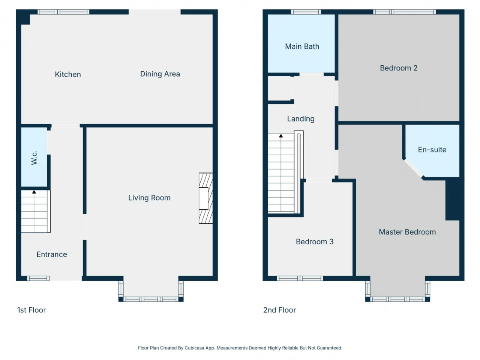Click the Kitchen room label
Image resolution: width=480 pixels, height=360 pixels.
click(68, 74)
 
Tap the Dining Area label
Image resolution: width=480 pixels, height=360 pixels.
click(160, 74)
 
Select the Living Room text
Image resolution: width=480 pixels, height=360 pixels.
click(149, 198)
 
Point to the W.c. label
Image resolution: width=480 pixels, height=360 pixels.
click(34, 157)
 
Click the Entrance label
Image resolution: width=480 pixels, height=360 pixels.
click(52, 254)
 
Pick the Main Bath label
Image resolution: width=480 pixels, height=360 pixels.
click(302, 46)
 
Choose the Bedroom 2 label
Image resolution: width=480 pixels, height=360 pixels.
click(399, 68)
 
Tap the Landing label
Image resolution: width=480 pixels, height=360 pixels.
click(301, 119)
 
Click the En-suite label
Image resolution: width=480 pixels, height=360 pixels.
click(432, 150)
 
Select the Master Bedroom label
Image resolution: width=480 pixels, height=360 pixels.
click(407, 232)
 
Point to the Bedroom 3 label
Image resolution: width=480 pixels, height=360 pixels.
click(315, 241)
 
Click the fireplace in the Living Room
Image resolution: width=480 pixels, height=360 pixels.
click(205, 198)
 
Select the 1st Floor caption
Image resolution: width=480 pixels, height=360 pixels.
click(31, 310)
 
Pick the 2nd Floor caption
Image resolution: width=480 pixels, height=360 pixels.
click(279, 310)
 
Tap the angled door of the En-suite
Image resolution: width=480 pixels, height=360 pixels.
click(414, 169)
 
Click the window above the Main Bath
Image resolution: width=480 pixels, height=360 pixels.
click(306, 12)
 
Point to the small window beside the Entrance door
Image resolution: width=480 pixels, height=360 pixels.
click(38, 278)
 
